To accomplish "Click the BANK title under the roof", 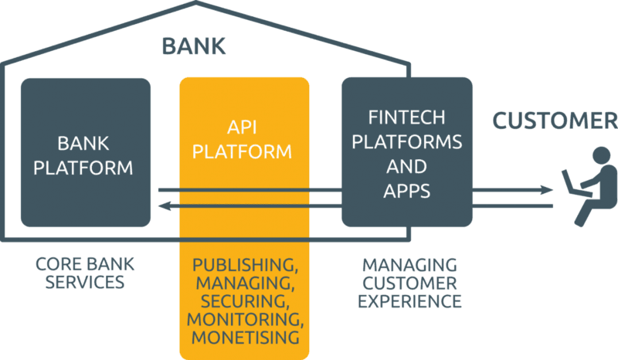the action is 194,46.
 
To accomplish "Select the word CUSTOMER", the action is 555,121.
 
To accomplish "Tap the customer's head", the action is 601,155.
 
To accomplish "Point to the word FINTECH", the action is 407,117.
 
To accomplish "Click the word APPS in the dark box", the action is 407,192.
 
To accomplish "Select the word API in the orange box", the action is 242,127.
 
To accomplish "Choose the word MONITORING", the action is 245,319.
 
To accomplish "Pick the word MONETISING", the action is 245,338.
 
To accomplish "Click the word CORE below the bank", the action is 58,264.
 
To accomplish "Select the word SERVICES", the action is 85,282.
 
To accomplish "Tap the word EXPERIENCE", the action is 409,301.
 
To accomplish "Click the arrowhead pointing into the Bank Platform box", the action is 165,205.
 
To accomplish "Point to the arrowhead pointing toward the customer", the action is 547,190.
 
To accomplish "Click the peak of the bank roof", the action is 196,2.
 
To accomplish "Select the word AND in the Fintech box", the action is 407,167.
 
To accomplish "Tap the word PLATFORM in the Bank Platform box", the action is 83,168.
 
